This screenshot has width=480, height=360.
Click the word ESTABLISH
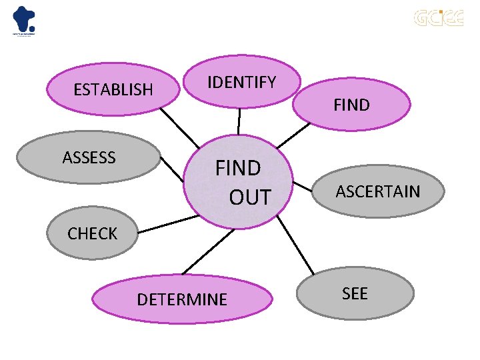tap(113, 89)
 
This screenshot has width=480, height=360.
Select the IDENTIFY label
tap(241, 83)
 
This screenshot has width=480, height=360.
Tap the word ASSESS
tap(89, 158)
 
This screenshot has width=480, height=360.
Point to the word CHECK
tap(92, 233)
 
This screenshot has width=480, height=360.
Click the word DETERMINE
tap(182, 299)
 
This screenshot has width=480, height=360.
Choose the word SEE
tap(355, 293)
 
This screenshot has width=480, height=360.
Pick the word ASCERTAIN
tap(378, 192)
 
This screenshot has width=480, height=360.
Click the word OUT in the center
tap(250, 197)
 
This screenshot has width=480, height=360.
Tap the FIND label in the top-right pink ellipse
tap(351, 105)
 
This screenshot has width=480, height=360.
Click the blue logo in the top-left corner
tap(24, 20)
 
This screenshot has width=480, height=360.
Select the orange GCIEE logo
tap(438, 18)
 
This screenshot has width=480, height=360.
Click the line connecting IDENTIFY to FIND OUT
tap(239, 121)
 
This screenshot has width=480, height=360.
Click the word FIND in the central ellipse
tap(238, 169)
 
